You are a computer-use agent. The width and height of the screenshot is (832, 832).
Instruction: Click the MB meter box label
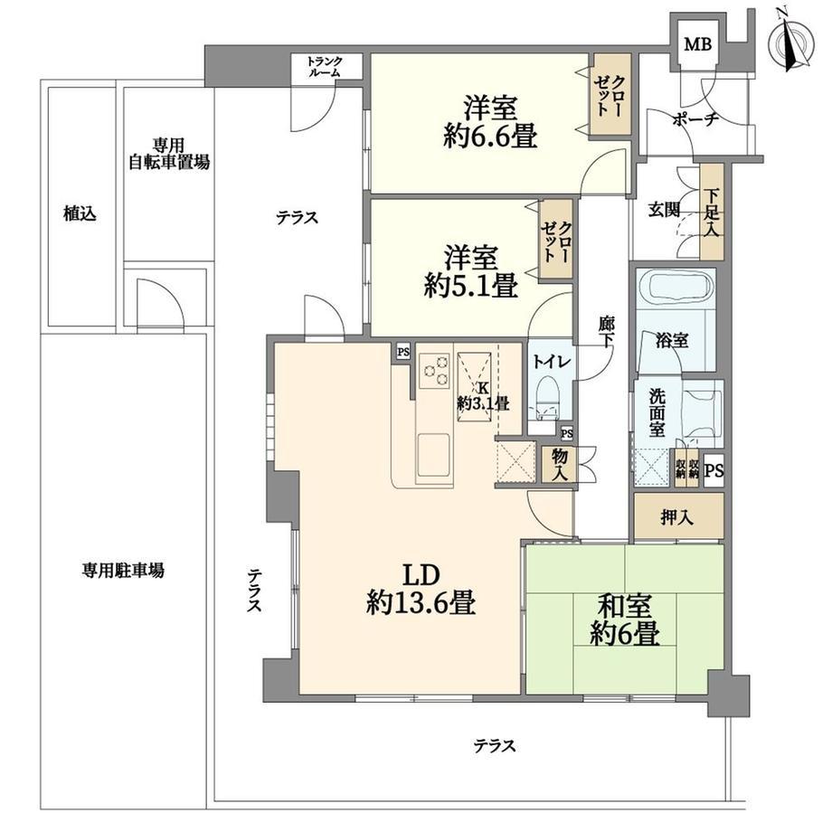point(697,43)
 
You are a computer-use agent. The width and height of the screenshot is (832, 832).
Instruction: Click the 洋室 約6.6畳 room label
point(490,121)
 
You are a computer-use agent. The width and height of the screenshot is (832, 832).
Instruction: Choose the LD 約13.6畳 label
point(421,589)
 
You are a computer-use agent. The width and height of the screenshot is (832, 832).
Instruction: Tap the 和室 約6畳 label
point(624,619)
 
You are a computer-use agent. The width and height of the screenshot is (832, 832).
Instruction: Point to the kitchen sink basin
point(434,455)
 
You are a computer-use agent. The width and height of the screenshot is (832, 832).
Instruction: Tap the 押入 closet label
point(677,516)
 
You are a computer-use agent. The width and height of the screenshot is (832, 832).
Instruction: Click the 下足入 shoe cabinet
point(712,213)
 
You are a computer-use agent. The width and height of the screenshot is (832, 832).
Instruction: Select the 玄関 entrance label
point(664,210)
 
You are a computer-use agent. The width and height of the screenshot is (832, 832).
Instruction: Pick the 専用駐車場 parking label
point(123,571)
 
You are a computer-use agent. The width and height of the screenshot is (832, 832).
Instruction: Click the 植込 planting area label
point(80,213)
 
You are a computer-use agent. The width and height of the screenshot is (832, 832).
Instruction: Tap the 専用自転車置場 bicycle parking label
point(169,154)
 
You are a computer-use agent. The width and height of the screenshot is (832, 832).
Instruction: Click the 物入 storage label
point(559,464)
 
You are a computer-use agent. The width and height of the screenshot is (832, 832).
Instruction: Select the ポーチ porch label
point(695,120)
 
